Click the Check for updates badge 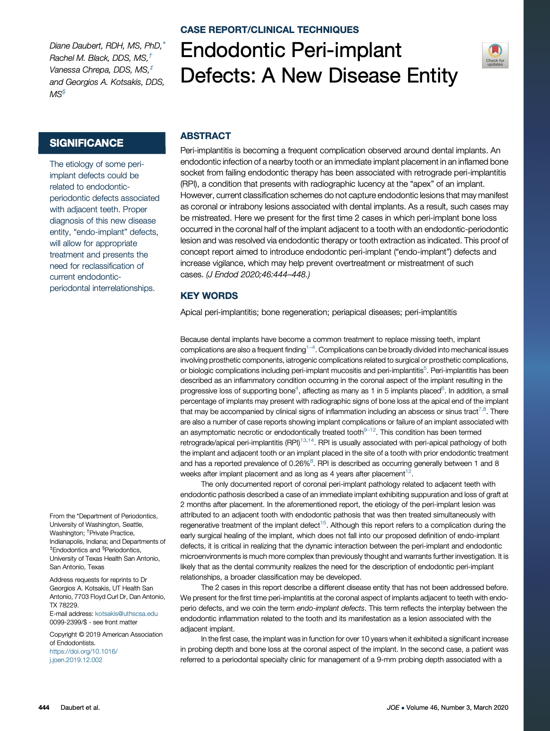495,55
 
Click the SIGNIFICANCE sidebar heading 86,143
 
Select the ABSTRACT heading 206,136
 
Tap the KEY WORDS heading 209,296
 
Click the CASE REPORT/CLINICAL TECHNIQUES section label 269,30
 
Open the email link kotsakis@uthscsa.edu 126,614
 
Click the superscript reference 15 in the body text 323,523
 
